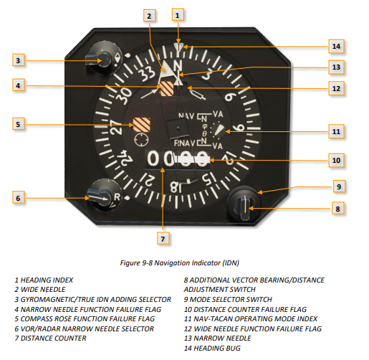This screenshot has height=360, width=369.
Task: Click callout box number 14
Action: coord(336,46)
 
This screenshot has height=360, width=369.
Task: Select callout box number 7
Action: coord(163,238)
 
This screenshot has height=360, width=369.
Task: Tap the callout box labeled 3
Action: coord(19,60)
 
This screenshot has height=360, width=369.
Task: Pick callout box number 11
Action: coord(336,131)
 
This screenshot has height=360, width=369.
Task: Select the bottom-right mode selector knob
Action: coord(244,204)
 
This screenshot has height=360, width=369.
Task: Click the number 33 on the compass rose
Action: coord(146,72)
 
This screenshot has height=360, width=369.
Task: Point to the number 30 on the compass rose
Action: coord(124,95)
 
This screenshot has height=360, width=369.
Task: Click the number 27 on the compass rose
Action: coord(116,127)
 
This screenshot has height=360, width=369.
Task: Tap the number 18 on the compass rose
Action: coord(176,187)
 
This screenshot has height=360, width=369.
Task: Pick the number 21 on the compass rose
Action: coord(147,180)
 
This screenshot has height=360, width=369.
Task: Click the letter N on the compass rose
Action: coord(178,65)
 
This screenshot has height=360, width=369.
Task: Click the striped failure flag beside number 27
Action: coord(141,125)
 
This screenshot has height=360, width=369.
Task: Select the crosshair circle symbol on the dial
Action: coord(141,140)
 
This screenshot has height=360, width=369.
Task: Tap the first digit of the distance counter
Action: coord(153,158)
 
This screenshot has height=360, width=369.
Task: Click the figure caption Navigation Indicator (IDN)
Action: coord(179,263)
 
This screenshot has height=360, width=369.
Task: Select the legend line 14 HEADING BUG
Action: coord(212,348)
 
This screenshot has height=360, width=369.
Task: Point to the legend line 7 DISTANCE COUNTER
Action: coord(50,338)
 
